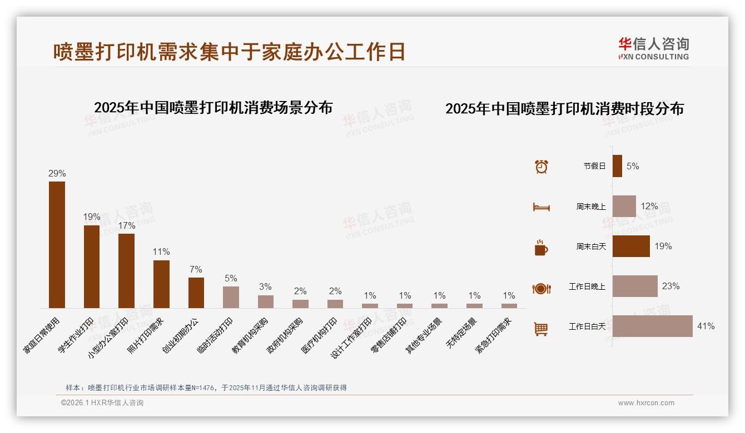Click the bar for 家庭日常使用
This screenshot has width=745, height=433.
[x=57, y=244]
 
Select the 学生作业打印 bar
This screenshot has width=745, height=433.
[x=92, y=266]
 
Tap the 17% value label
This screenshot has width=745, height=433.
[x=126, y=226]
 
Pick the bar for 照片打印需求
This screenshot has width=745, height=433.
[x=161, y=284]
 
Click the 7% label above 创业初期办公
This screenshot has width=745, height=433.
[x=196, y=270]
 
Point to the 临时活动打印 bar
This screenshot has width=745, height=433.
[x=231, y=297]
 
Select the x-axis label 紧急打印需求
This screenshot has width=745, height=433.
[x=493, y=335]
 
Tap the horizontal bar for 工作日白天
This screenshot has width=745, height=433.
[x=652, y=326]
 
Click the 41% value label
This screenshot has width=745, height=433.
[x=706, y=326]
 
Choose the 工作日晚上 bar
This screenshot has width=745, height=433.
[x=635, y=286]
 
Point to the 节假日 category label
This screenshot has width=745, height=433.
[x=594, y=166]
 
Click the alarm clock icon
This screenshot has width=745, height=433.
[x=541, y=167]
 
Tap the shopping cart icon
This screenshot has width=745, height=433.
[x=541, y=329]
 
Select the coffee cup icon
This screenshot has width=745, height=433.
[x=541, y=248]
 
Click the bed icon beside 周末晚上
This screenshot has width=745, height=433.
[x=541, y=207]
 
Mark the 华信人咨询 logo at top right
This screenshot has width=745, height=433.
[x=653, y=48]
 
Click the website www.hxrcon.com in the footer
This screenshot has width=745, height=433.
[x=646, y=403]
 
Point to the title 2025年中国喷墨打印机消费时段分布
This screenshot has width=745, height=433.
[x=564, y=109]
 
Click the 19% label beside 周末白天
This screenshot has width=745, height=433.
[x=663, y=246]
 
